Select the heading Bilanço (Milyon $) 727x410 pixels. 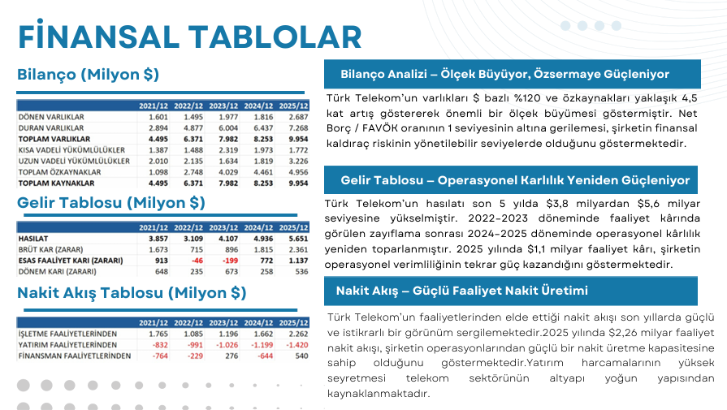coord(88,75)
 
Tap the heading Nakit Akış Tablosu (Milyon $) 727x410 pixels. coord(132,292)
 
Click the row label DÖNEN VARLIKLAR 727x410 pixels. coord(51,117)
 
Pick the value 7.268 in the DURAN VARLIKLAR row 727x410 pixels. coord(298,128)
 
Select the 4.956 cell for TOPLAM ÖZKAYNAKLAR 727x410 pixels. coord(298,173)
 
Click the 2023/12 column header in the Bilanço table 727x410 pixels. coord(223,106)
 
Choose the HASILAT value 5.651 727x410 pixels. coord(298,239)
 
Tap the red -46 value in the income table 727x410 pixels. coord(193,261)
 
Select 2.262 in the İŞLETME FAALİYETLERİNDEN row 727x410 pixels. coord(298,334)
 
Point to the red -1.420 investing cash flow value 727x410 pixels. coord(296,345)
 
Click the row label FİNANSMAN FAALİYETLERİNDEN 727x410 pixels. coord(74,356)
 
